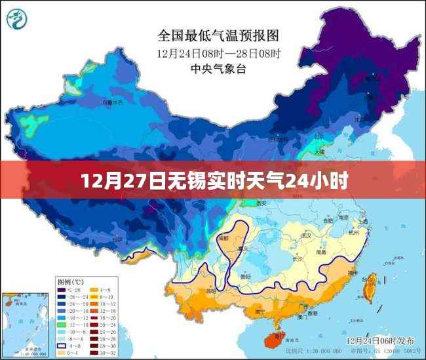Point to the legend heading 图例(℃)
pyautogui.click(x=72, y=282)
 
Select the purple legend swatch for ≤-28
pyautogui.click(x=64, y=290)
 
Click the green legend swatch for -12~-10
pyautogui.click(x=64, y=325)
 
